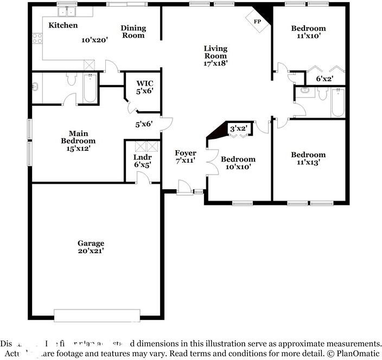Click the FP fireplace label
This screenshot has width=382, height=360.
pyautogui.click(x=258, y=21)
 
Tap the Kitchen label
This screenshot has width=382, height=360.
pyautogui.click(x=63, y=25)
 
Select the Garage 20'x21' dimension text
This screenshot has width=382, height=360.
pyautogui.click(x=90, y=251)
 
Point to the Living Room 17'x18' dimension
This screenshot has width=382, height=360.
pyautogui.click(x=215, y=62)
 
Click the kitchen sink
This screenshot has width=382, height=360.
pyautogui.click(x=67, y=11)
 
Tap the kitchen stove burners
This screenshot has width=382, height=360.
pyautogui.click(x=37, y=38)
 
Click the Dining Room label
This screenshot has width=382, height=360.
pyautogui.click(x=133, y=32)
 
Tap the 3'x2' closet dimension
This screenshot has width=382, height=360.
pyautogui.click(x=239, y=128)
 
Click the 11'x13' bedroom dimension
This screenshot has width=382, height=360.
pyautogui.click(x=308, y=162)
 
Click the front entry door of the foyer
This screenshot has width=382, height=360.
pyautogui.click(x=184, y=190)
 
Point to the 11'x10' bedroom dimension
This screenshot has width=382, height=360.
pyautogui.click(x=308, y=36)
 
